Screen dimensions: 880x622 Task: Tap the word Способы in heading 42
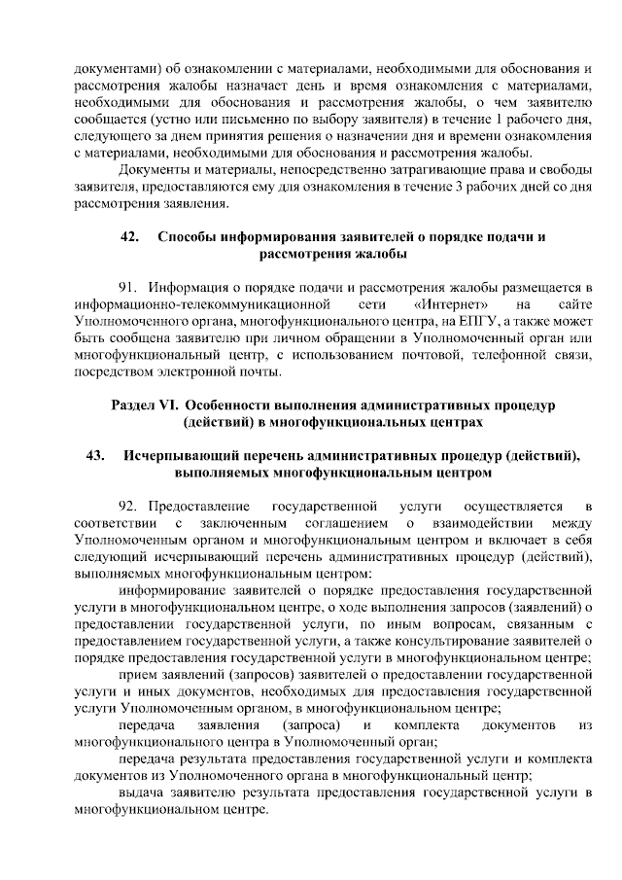tap(184, 237)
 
